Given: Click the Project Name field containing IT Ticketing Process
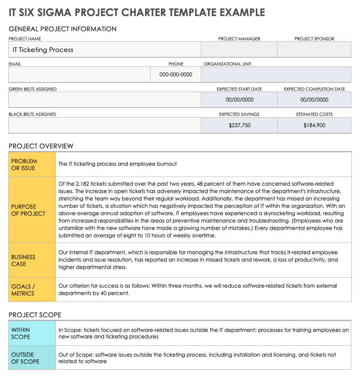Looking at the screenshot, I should click(x=104, y=49).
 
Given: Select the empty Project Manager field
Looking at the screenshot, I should click(x=239, y=49).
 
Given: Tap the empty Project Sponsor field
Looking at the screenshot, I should click(x=314, y=49).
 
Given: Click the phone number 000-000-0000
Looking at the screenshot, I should click(x=176, y=75).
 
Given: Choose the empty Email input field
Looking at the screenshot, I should click(x=79, y=75).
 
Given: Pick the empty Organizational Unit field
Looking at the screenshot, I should click(x=276, y=75).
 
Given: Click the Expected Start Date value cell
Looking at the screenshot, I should click(x=239, y=100).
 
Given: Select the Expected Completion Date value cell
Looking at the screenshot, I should click(x=314, y=100).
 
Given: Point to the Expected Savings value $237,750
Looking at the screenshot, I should click(x=239, y=125).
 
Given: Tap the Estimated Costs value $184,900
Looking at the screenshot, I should click(x=314, y=125).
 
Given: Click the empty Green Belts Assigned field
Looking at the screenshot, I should click(x=105, y=100).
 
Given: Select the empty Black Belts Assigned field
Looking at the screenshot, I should click(x=105, y=125).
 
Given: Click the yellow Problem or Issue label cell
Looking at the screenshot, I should click(x=32, y=164).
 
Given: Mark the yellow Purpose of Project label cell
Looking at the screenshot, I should click(x=32, y=210).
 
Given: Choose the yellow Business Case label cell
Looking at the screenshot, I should click(x=32, y=260).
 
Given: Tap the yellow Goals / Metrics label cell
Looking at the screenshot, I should click(x=32, y=290).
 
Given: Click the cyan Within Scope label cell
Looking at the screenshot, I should click(x=32, y=333).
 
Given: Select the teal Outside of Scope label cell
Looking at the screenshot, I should click(x=32, y=358).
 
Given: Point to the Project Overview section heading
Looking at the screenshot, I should click(x=41, y=146).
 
